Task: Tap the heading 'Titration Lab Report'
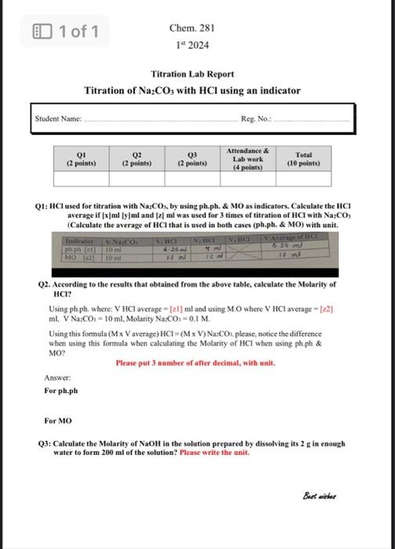pos(191,74)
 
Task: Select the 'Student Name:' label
pos(58,118)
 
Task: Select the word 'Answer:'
pos(57,378)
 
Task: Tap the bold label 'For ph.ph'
pos(60,390)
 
